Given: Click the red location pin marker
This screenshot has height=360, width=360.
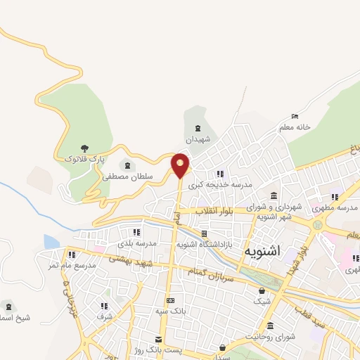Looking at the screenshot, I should coord(181,165).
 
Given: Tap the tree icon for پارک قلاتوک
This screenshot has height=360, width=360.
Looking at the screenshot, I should coord(84,148).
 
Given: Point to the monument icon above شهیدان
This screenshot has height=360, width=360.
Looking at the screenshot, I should coord(198,128).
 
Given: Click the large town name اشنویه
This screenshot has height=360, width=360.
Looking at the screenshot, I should coord(264,251).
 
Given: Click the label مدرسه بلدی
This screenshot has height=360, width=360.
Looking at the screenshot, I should coord(135,243).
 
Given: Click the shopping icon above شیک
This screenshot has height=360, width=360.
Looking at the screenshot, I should coord(262,290).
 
